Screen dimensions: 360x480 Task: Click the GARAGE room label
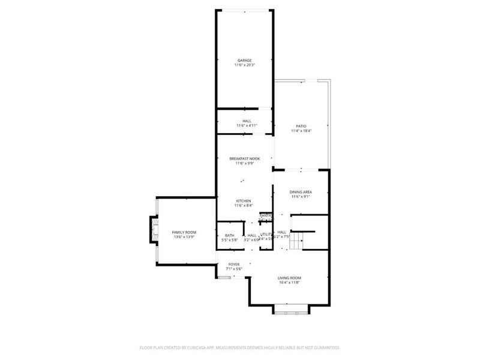[244, 60]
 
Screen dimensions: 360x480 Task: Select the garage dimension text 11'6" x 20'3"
[244, 65]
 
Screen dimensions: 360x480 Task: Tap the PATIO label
[301, 125]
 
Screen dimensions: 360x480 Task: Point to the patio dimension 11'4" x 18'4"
[301, 130]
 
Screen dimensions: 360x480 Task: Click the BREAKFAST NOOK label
[244, 158]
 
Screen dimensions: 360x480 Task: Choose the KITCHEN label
[243, 201]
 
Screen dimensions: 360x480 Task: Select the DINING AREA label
[301, 191]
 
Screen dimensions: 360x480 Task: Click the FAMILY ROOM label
[184, 232]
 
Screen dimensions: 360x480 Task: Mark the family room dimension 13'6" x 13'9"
[184, 236]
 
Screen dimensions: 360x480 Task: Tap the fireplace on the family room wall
[153, 231]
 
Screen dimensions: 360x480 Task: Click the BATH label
[230, 235]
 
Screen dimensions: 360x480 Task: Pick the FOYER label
[234, 264]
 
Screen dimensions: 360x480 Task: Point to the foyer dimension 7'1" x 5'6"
[234, 269]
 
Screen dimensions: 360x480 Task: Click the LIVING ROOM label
[289, 278]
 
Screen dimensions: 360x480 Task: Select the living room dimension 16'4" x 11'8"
[289, 283]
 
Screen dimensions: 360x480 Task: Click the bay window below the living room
[290, 311]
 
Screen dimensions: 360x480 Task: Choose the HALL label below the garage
[247, 121]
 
